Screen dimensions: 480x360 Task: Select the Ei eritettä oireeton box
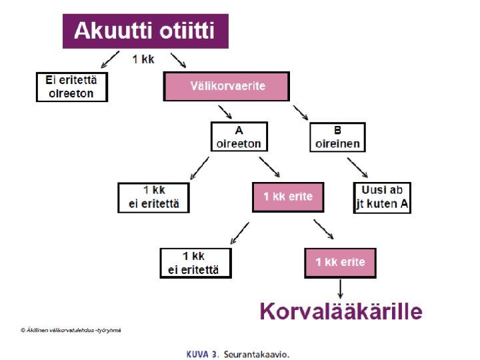point(71,86)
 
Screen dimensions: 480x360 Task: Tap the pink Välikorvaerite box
point(227,86)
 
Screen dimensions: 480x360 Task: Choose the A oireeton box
point(239,137)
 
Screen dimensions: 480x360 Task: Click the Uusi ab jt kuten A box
point(381,197)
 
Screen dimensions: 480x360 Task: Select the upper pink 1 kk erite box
point(287,197)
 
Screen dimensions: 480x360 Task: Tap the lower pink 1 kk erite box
point(341,262)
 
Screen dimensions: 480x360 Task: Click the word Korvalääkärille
point(341,311)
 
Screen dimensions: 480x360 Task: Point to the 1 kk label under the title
point(144,60)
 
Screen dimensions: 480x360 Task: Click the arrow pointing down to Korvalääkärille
point(341,289)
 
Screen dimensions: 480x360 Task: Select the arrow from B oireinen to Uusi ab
point(357,167)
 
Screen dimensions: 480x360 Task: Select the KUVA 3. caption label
point(203,353)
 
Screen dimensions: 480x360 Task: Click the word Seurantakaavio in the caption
point(257,353)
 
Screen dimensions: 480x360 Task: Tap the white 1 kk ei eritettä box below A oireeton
point(153,197)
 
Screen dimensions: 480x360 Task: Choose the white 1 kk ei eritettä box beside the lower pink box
point(195,262)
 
